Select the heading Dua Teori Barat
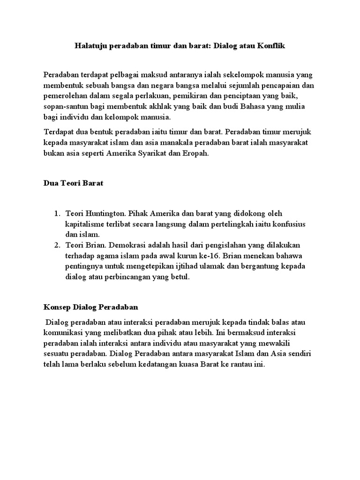(73, 183)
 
